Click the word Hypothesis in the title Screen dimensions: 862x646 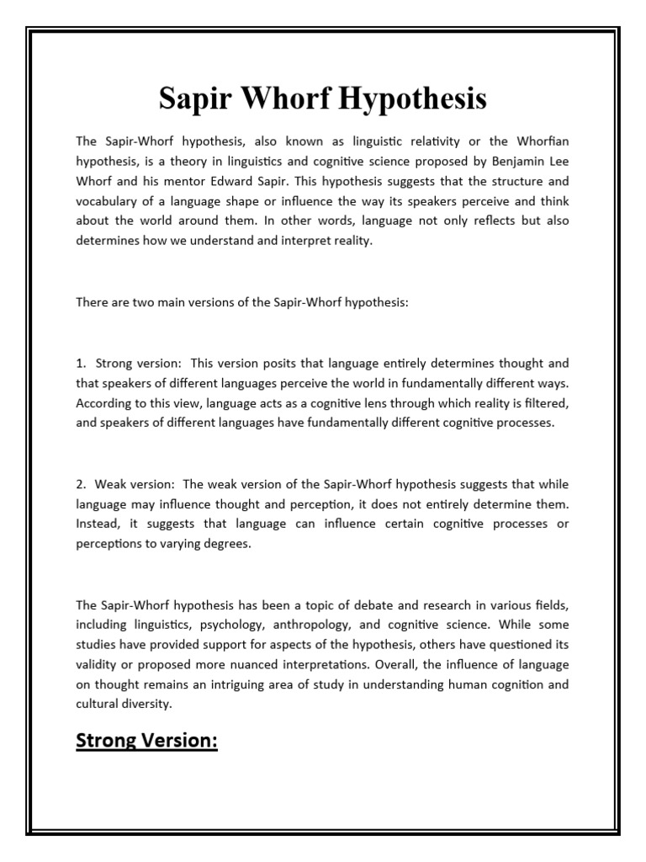click(x=414, y=99)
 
